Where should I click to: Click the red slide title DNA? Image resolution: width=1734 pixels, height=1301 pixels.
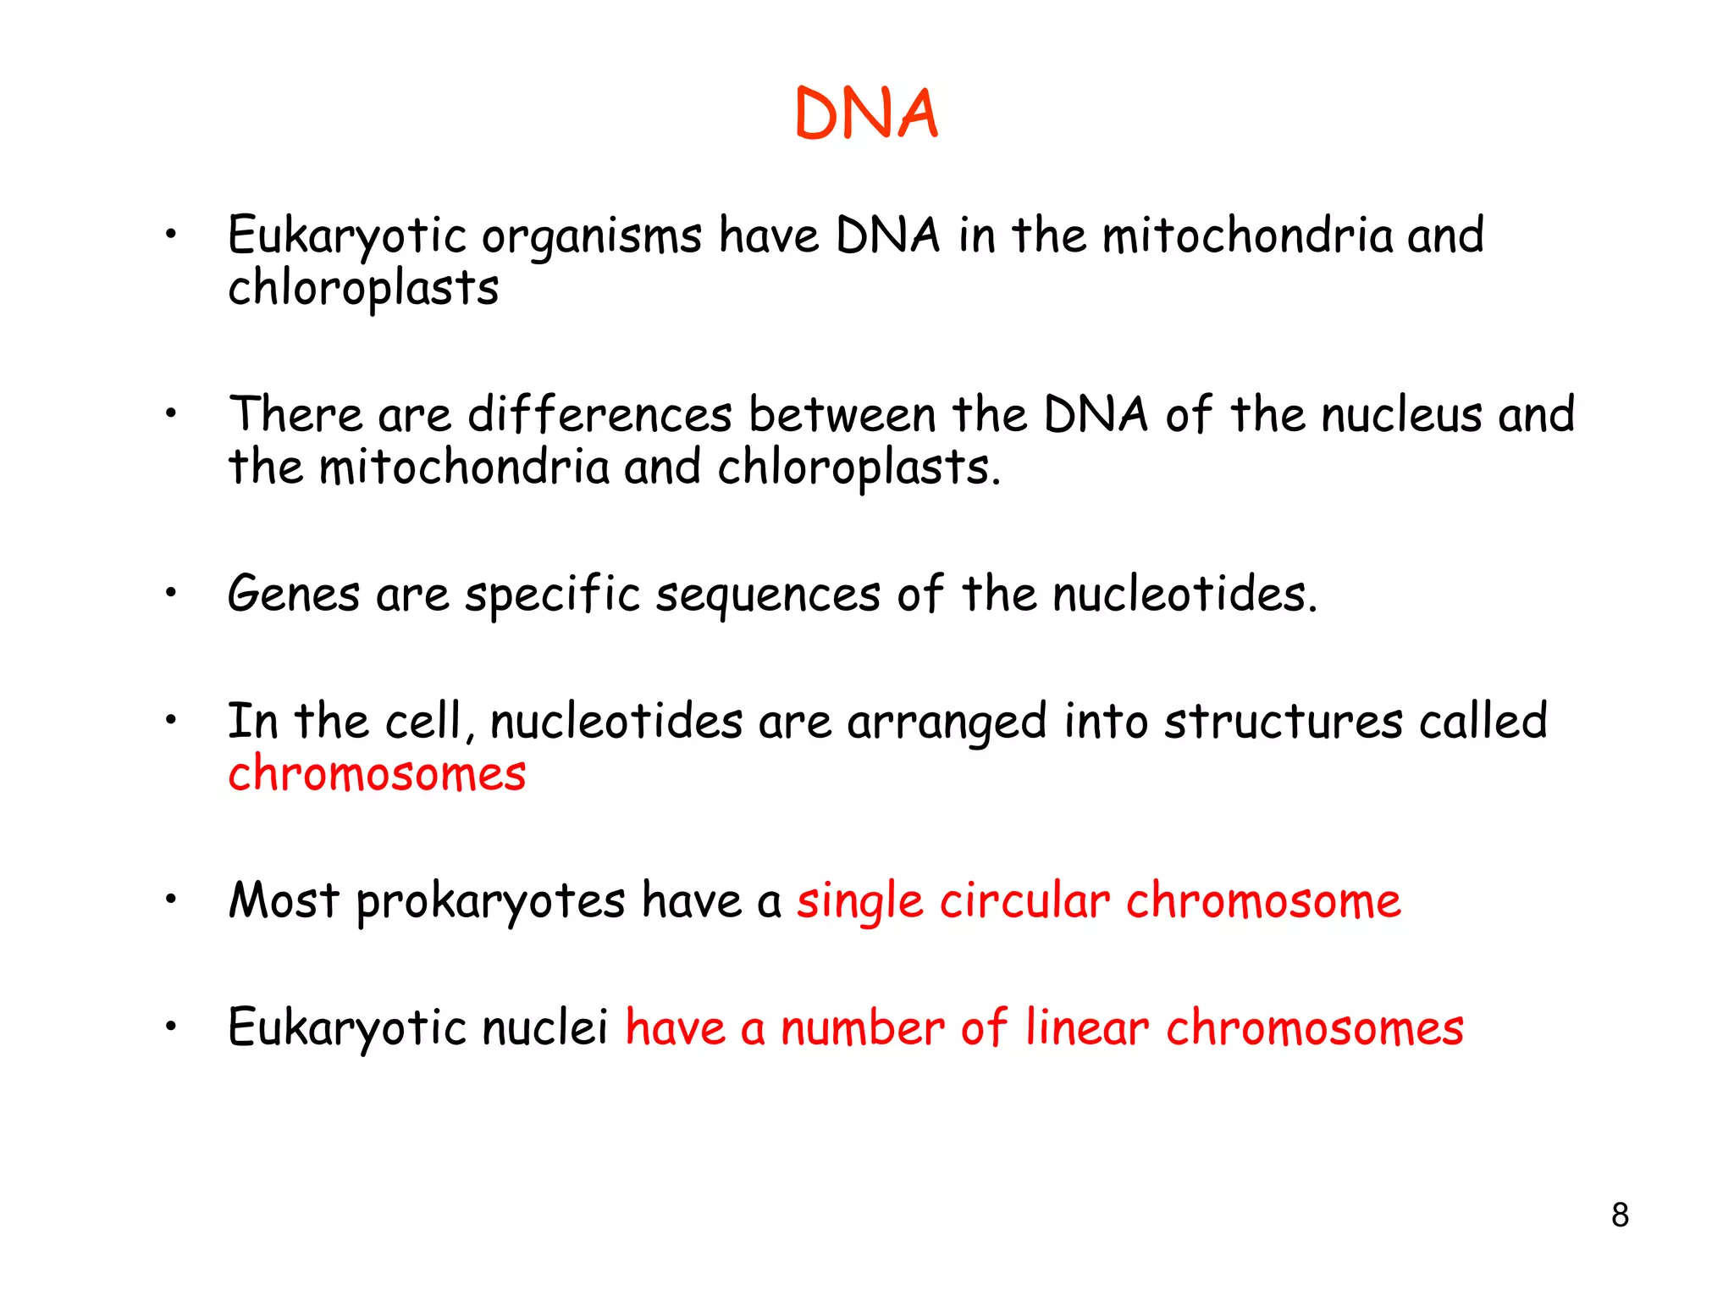866,114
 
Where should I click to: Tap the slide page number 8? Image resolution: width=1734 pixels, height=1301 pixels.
1620,1215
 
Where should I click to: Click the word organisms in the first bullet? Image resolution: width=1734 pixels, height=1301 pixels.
592,236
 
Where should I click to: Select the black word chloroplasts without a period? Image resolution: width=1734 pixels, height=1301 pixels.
363,289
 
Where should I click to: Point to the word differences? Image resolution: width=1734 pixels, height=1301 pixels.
599,415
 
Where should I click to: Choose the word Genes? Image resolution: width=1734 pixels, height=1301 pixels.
294,594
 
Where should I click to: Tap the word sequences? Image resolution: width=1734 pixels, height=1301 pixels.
768,595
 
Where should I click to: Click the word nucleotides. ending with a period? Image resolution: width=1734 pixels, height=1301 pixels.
1185,594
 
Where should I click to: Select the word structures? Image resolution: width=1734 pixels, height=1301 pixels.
1284,722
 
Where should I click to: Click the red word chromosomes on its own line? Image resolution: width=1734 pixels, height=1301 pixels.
377,774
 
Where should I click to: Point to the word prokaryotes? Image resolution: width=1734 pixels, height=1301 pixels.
490,901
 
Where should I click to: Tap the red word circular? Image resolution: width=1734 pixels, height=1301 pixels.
1024,900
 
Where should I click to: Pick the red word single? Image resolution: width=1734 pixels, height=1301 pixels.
859,902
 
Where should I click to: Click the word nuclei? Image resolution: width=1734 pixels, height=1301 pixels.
545,1027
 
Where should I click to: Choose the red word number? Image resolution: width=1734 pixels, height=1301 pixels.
863,1027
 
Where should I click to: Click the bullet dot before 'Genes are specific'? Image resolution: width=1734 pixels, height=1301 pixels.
171,593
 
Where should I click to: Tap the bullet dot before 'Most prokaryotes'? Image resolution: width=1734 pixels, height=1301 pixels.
171,899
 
